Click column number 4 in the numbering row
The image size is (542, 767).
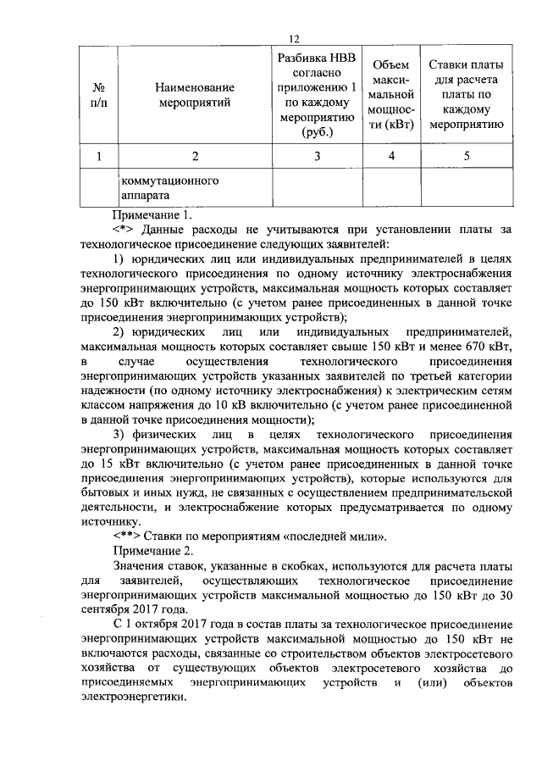(x=391, y=156)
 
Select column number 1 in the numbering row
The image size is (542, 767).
(x=100, y=156)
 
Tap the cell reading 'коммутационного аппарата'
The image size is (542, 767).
(x=158, y=187)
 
